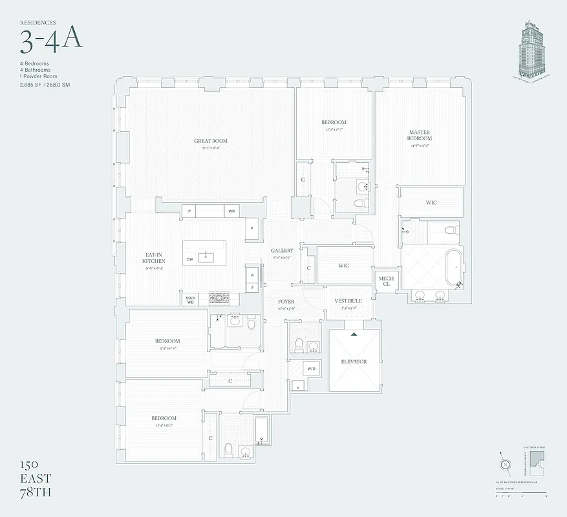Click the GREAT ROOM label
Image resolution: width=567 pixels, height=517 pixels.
coord(211,141)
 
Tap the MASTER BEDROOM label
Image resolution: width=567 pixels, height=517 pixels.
coord(419,135)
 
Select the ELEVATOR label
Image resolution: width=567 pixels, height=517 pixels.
coord(354,362)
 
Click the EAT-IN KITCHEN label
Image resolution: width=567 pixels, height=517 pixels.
coord(154,257)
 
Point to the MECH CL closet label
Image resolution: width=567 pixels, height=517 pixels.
coord(387,281)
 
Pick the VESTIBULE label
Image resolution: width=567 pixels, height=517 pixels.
coord(348,301)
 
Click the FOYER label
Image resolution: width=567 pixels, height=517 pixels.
coord(286,302)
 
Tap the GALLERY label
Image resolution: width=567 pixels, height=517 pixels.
coord(282,251)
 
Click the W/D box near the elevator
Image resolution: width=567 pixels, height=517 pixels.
coord(311,369)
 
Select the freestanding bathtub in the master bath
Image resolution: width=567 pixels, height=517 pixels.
coord(453,266)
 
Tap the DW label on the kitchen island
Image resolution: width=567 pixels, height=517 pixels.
coord(190,259)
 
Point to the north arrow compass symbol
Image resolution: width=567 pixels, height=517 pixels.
coord(504,465)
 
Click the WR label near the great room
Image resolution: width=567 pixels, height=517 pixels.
coord(231,211)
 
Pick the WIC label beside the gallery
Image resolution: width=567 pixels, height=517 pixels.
coord(344,266)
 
